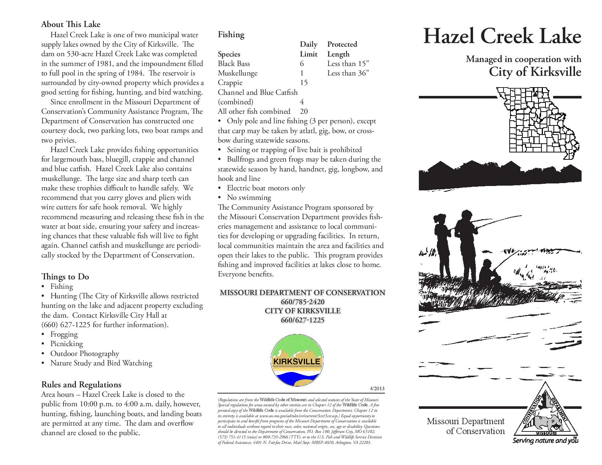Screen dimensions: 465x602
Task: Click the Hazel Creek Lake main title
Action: click(x=502, y=36)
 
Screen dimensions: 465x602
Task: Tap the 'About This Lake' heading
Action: click(x=71, y=24)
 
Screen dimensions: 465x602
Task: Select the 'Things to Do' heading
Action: click(x=65, y=277)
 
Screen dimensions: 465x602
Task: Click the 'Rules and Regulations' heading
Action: click(x=81, y=384)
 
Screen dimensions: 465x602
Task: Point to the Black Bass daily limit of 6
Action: click(x=302, y=63)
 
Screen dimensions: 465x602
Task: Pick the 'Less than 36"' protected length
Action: click(x=348, y=73)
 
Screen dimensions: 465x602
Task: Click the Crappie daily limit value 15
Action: click(x=304, y=82)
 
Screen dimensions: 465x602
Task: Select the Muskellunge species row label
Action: click(x=238, y=73)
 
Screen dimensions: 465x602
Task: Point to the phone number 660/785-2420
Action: click(x=302, y=302)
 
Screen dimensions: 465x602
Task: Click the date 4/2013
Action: click(x=377, y=388)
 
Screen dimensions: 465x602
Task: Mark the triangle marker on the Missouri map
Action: click(x=535, y=94)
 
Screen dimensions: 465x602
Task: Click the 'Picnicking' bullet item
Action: click(x=66, y=344)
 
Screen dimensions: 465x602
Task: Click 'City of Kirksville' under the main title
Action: click(x=535, y=72)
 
